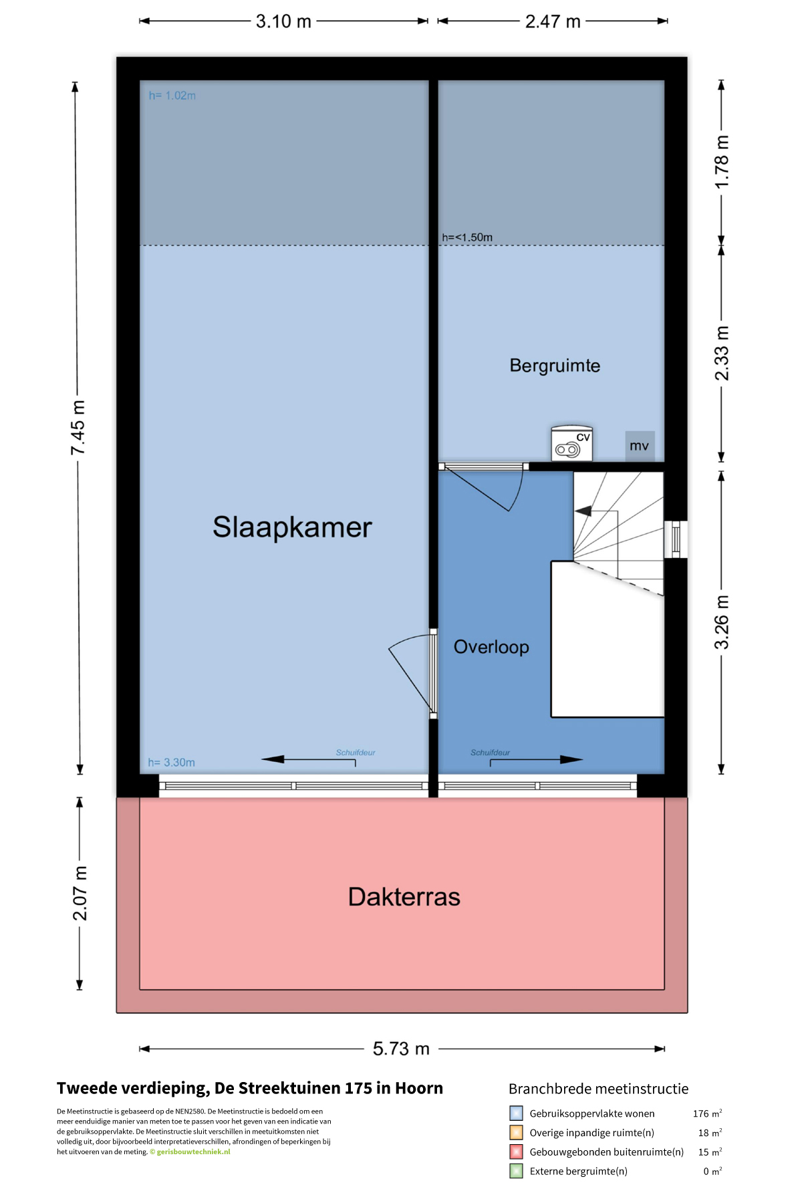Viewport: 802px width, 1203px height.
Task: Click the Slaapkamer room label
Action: tap(292, 527)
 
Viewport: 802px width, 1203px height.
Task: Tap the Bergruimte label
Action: tap(555, 366)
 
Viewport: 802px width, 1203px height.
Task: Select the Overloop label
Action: tap(491, 647)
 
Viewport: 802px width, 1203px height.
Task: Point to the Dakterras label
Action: tap(404, 897)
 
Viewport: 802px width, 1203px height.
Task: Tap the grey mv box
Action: tap(640, 446)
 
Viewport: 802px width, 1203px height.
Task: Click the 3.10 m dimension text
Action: tap(283, 21)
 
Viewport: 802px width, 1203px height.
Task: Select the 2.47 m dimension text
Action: tap(553, 21)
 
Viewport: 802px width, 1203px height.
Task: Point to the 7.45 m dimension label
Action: tap(78, 428)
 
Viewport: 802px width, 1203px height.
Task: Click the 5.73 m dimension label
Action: tap(401, 1049)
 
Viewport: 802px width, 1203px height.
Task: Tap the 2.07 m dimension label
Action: tap(80, 894)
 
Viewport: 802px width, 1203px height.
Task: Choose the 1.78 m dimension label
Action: tap(722, 162)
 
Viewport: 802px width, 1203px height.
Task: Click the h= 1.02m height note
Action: tap(172, 96)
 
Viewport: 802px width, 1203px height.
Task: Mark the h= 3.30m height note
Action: tap(172, 763)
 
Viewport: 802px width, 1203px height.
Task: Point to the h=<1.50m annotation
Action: tap(467, 237)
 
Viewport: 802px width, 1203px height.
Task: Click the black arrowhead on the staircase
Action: tap(583, 511)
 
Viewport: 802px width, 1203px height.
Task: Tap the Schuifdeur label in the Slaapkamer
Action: tap(356, 753)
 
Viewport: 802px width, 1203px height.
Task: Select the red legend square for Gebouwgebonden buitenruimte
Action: tap(516, 1152)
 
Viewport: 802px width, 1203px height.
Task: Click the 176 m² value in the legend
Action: tap(707, 1113)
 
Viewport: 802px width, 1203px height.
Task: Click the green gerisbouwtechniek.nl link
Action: tap(193, 1152)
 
